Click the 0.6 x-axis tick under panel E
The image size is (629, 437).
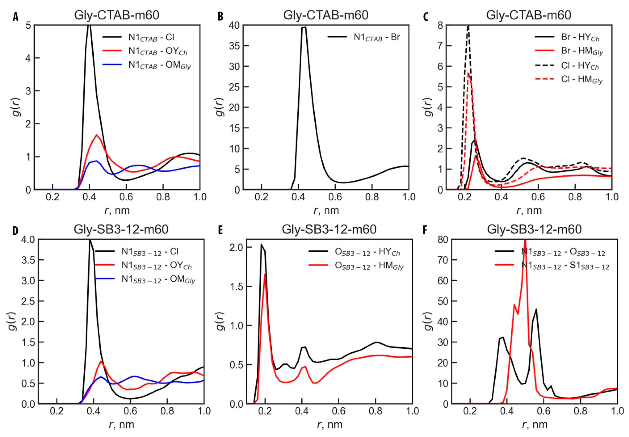click(339, 411)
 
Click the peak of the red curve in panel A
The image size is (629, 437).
click(97, 135)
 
